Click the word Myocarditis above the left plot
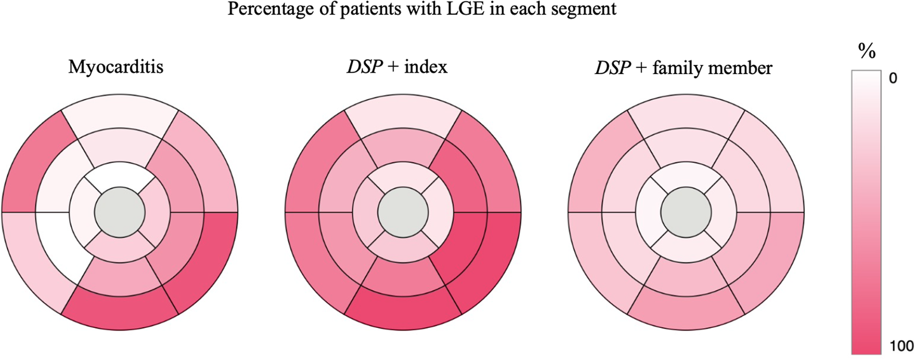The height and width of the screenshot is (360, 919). click(x=115, y=67)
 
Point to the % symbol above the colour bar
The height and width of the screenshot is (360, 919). click(x=867, y=52)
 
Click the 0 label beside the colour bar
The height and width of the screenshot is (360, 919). click(x=893, y=78)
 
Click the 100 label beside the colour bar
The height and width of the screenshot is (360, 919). click(x=901, y=346)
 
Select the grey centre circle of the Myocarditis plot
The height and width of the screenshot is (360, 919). click(x=119, y=212)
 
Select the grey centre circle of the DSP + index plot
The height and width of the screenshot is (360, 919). click(x=403, y=212)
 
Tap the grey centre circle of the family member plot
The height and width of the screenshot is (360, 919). click(x=686, y=212)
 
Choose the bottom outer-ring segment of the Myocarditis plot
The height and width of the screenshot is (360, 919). click(x=119, y=313)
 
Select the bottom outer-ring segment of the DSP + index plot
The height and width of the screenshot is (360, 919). click(x=403, y=313)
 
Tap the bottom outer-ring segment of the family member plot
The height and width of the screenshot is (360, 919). click(x=686, y=313)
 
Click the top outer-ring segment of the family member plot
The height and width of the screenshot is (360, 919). click(x=686, y=112)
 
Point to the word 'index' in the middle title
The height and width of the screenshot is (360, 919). click(x=426, y=67)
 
